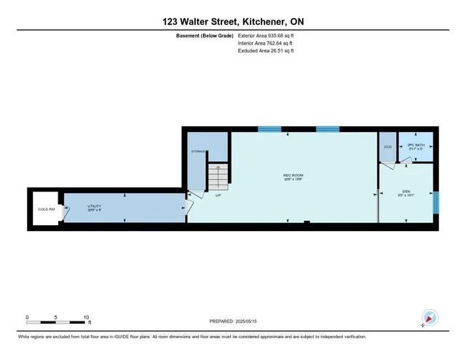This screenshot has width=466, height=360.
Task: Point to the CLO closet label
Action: (x=387, y=147)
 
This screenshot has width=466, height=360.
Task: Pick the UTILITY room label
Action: (x=95, y=206)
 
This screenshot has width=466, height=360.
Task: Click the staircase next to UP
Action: (x=218, y=176)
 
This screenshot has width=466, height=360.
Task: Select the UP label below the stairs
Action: (x=218, y=195)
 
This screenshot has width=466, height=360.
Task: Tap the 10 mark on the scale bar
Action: (x=87, y=318)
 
